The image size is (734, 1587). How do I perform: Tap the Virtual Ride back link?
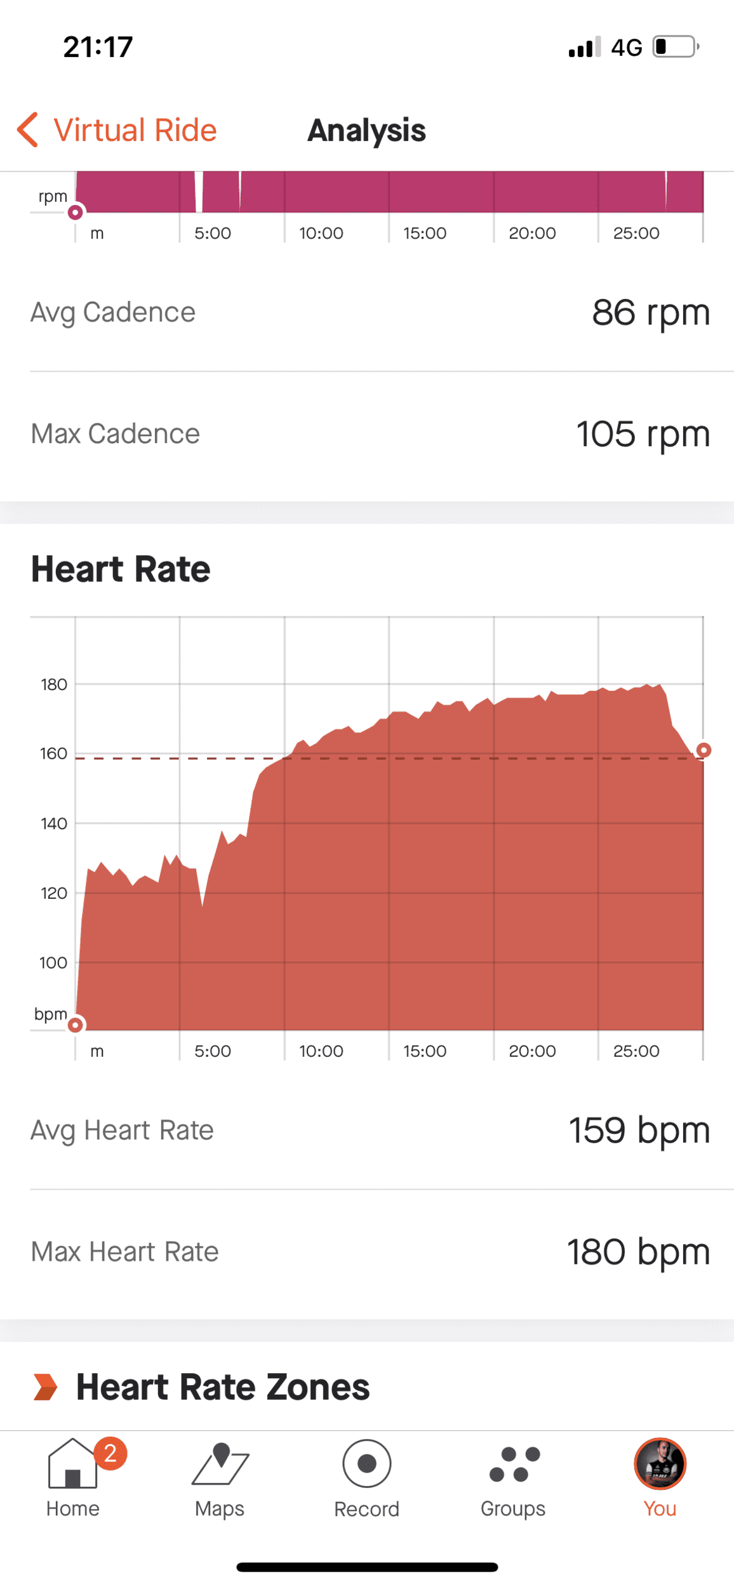click(x=117, y=130)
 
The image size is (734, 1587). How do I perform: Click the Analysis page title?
click(x=366, y=131)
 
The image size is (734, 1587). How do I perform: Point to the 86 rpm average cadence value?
click(x=651, y=312)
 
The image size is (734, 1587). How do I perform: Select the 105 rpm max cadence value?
click(x=643, y=434)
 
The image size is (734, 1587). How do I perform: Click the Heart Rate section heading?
click(x=121, y=569)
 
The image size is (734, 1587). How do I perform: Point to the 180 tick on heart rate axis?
click(x=54, y=685)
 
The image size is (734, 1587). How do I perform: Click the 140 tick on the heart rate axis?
click(x=54, y=824)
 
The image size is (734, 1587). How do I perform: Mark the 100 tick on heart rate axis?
click(x=53, y=963)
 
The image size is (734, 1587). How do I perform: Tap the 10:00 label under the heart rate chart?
click(x=321, y=1051)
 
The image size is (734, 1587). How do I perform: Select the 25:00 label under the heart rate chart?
click(x=636, y=1051)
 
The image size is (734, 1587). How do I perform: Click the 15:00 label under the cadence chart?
click(x=425, y=234)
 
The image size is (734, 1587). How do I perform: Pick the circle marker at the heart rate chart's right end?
click(x=704, y=750)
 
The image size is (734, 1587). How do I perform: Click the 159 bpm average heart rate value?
click(x=639, y=1131)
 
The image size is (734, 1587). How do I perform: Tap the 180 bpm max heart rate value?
click(x=638, y=1252)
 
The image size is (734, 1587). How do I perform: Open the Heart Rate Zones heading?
click(x=223, y=1387)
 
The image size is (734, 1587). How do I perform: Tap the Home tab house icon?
click(x=72, y=1464)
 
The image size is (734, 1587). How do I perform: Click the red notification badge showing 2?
click(x=110, y=1453)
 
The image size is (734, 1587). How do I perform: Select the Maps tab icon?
click(x=220, y=1464)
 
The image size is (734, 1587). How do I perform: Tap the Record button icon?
click(x=367, y=1464)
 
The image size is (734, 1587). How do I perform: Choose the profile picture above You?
click(x=660, y=1464)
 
